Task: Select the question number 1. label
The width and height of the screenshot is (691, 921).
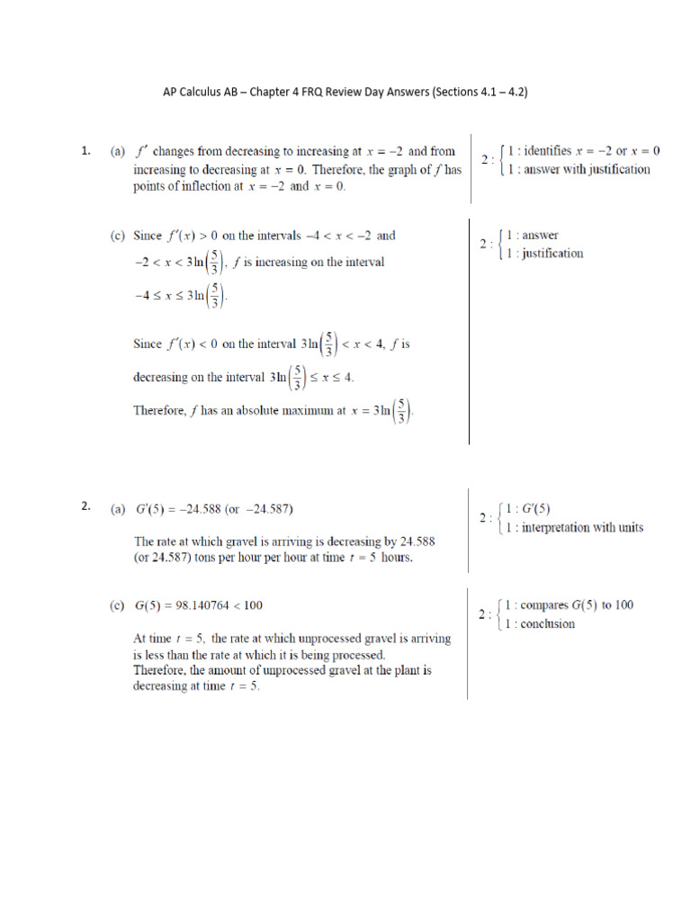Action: [x=85, y=152]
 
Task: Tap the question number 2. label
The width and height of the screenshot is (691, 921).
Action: [x=85, y=506]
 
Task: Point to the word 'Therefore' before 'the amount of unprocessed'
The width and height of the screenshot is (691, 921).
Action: [x=161, y=670]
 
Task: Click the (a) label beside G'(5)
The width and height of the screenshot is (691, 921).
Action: [x=118, y=508]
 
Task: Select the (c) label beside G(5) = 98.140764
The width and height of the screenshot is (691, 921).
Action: [x=118, y=605]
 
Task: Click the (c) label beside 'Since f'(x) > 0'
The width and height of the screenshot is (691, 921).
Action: [x=118, y=236]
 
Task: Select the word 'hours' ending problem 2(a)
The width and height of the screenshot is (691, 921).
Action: [x=392, y=558]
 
